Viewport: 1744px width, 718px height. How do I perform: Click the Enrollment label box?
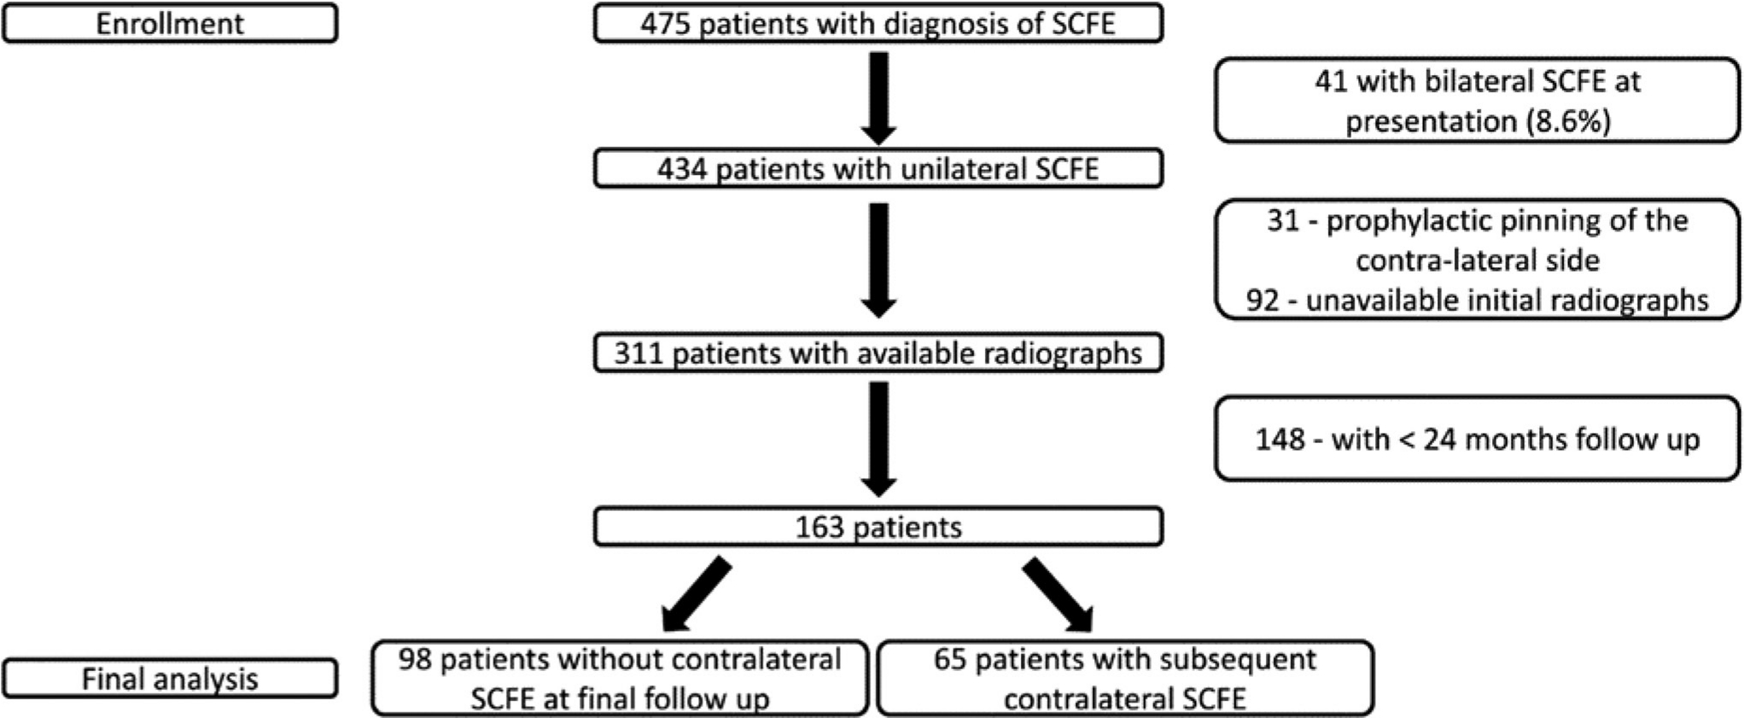coord(170,23)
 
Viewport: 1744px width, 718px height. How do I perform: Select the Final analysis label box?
coord(170,679)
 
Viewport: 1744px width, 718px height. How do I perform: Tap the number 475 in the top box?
coord(666,23)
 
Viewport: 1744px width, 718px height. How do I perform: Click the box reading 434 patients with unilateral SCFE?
coord(878,168)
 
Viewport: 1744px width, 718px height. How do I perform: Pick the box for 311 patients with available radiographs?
coord(878,353)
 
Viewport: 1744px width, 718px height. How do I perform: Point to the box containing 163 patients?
coord(878,527)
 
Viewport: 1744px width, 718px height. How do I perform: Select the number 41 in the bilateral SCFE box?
coord(1330,81)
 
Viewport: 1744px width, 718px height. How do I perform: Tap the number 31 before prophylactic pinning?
coord(1283,220)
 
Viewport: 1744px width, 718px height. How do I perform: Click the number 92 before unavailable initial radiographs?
coord(1263,300)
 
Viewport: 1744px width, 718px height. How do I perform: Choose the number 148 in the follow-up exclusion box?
coord(1280,439)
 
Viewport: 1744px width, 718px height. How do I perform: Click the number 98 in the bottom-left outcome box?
coord(415,659)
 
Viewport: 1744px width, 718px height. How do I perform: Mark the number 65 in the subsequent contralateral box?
coord(949,659)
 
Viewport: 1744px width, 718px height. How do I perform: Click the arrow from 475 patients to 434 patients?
coord(878,98)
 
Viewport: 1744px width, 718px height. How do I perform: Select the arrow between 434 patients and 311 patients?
coord(878,260)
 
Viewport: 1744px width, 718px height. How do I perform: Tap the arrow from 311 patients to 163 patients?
coord(878,439)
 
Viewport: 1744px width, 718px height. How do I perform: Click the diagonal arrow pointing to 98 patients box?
coord(697,594)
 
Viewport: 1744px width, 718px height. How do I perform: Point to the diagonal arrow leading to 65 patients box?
coord(1058,594)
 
